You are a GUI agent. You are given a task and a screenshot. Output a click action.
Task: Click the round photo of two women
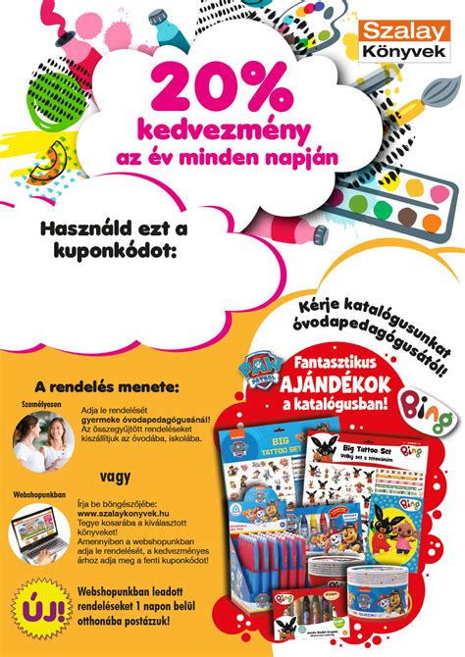point(39,436)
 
